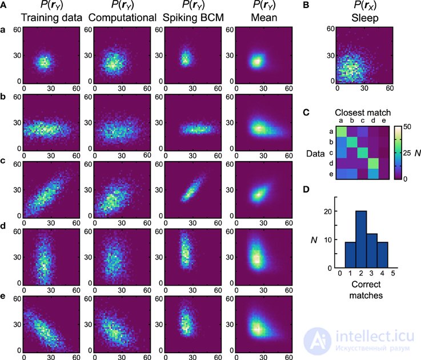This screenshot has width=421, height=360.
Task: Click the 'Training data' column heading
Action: point(51,18)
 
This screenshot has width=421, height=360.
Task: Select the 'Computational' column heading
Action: point(122,18)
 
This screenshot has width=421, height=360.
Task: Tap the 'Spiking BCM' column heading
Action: point(193,18)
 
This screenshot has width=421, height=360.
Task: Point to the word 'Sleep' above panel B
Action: point(365,18)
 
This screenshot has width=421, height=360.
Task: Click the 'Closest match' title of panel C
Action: point(363,113)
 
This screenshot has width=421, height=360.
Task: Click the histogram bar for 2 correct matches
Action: point(361,239)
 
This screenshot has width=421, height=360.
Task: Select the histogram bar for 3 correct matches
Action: point(372,251)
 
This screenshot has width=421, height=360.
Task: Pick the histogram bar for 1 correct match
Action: point(350,255)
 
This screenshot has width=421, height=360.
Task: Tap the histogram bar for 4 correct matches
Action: point(382,255)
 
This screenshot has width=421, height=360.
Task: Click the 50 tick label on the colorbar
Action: point(407,127)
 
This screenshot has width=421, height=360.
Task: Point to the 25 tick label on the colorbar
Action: point(407,153)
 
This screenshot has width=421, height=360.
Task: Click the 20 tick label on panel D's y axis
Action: point(328,211)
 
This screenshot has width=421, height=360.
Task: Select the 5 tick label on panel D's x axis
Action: point(393,274)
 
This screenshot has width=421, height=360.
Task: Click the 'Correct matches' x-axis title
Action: point(366,290)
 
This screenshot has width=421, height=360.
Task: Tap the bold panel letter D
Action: point(306,189)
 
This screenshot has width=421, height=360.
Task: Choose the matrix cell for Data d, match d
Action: point(373,163)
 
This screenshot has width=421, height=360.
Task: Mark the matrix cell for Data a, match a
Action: point(341,131)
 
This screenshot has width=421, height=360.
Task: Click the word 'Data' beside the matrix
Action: point(315,153)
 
